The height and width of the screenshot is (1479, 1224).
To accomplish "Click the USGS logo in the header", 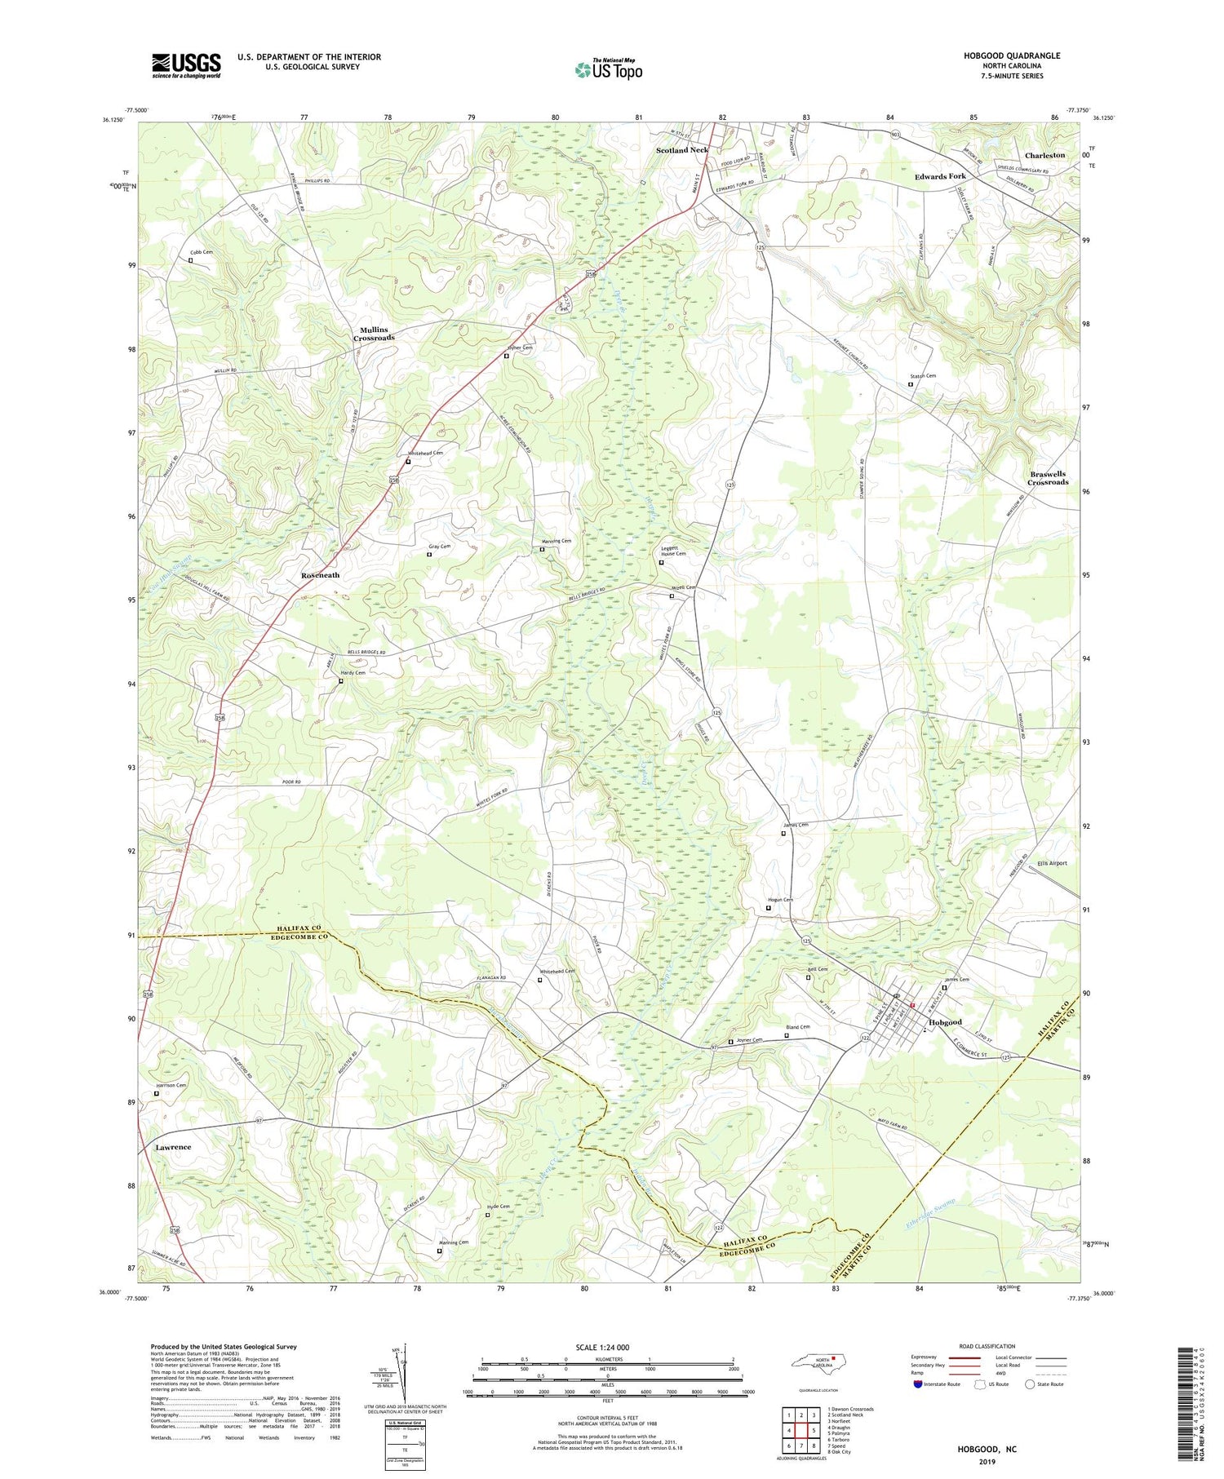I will (186, 65).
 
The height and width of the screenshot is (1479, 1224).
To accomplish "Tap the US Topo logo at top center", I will (608, 69).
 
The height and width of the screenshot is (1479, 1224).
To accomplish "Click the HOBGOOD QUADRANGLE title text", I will (1011, 55).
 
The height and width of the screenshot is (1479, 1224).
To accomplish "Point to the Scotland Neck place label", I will (682, 150).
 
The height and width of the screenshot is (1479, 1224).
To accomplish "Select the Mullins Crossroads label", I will (374, 334).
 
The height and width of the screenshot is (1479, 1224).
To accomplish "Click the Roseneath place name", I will (320, 575).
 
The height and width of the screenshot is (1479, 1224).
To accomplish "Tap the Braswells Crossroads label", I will (1048, 478).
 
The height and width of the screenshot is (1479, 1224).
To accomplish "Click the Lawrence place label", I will (173, 1147).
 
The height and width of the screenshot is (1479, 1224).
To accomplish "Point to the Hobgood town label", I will (945, 1022).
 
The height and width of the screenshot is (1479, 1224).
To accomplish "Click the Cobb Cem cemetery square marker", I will (190, 260).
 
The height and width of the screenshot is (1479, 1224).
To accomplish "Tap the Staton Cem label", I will (923, 376).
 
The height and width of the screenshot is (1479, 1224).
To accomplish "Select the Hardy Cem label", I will (353, 672).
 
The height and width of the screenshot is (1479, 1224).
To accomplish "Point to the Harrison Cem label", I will (171, 1086).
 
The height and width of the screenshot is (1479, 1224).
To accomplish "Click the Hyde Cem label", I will (498, 1207).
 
